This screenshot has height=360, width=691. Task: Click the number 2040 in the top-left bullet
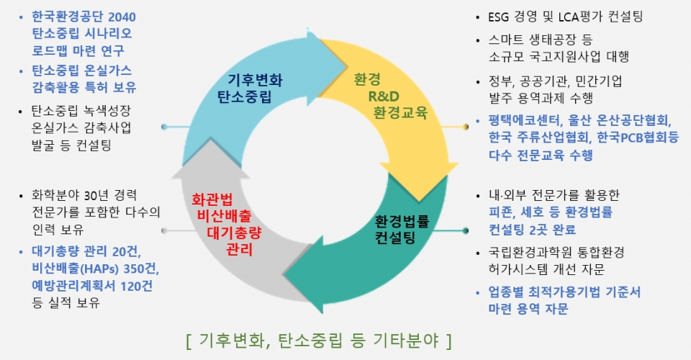(x=122, y=17)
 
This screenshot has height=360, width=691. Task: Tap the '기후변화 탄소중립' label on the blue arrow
(x=250, y=88)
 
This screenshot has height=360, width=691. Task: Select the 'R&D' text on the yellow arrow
(x=384, y=96)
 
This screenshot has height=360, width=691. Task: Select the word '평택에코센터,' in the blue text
(x=525, y=120)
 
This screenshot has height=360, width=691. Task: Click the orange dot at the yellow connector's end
(x=466, y=127)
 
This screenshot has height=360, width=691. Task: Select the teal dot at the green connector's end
(x=466, y=230)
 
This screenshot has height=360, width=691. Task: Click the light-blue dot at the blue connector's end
(x=164, y=127)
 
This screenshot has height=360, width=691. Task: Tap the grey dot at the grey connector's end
(x=164, y=230)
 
